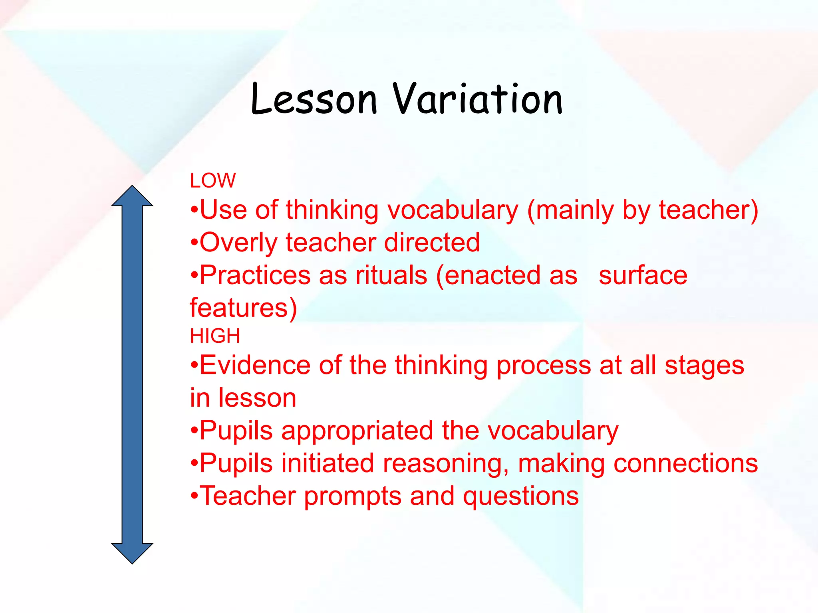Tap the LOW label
(212, 181)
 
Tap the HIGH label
(215, 336)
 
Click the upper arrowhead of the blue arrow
(132, 196)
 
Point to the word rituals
(391, 275)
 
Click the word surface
(643, 275)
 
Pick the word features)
(243, 308)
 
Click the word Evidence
(255, 365)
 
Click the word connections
(685, 463)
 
